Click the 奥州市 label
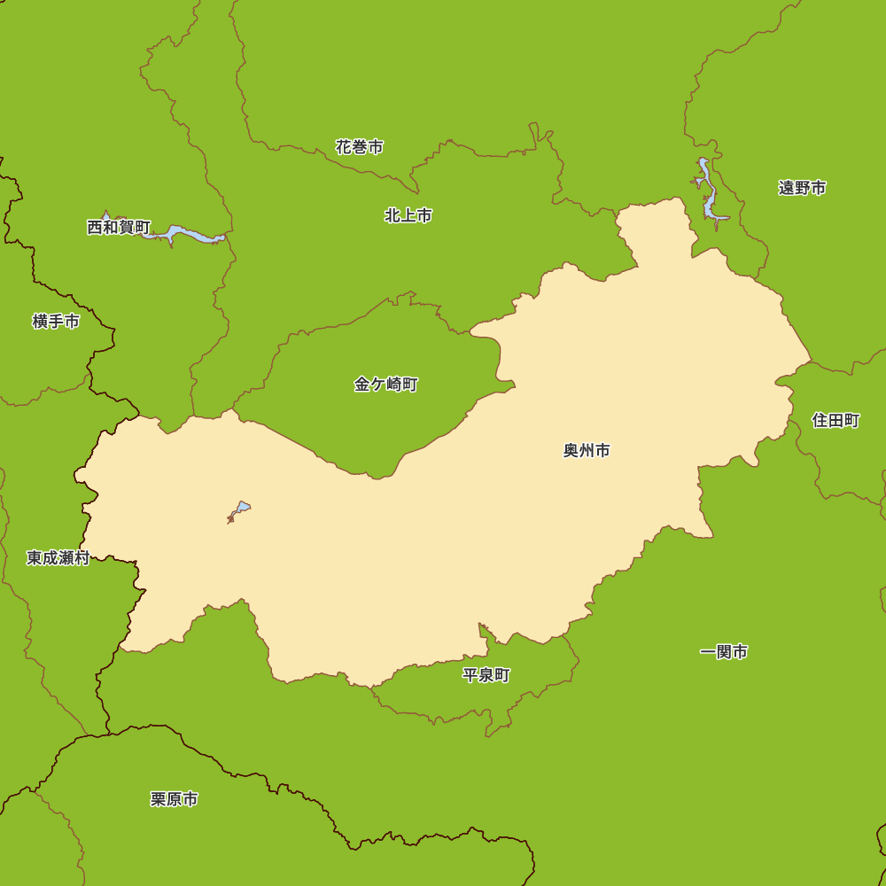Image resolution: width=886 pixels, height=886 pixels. coord(587,451)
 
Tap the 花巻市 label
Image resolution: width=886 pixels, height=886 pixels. coord(360,147)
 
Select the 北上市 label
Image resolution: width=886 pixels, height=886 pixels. coord(408,215)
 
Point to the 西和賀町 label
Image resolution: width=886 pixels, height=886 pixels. coord(119,228)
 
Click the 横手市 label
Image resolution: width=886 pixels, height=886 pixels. coord(56,322)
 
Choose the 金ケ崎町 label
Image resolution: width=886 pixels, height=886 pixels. coord(385,385)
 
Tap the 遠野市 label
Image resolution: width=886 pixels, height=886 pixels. coord(803,188)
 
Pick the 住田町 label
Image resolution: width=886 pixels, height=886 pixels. coord(835,420)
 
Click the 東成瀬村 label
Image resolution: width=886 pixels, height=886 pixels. coord(58,558)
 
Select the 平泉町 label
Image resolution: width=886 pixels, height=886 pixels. coord(486,675)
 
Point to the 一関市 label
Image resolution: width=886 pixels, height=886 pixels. coord(724,653)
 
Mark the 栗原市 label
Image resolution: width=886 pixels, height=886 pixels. coord(175,799)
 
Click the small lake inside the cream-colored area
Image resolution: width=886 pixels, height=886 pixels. coord(240,509)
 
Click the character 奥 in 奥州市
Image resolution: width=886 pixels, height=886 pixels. coord(571,451)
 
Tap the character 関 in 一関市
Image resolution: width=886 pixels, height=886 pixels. coord(724,653)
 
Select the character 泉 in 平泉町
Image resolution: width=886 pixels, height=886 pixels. coord(486,675)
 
